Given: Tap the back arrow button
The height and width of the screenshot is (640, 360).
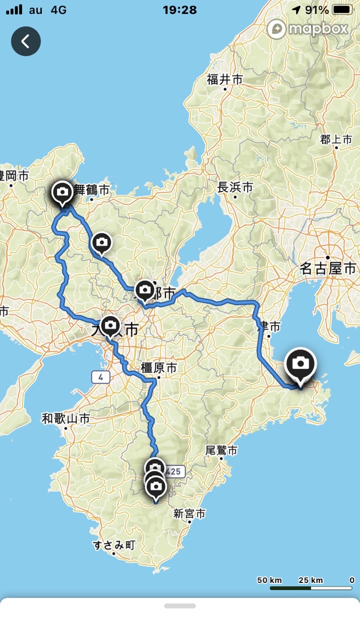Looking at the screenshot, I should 26,41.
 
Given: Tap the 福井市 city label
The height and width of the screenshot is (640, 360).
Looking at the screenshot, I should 224,79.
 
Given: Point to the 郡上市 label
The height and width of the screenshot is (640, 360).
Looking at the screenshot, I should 336,139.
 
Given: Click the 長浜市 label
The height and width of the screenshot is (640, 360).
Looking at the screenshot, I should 235,187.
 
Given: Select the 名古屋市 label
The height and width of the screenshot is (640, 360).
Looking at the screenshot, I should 328,268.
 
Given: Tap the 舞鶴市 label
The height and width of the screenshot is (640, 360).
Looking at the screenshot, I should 91,190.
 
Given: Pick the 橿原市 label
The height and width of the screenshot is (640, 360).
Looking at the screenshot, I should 158,368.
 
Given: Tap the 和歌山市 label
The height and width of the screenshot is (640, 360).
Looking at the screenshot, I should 65,418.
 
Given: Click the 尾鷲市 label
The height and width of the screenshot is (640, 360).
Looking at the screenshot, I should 221,450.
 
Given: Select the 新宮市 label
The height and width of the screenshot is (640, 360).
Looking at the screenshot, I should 189,513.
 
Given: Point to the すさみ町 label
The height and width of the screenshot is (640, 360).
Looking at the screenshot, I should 114,545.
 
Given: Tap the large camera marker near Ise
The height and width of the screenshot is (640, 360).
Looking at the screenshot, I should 300,363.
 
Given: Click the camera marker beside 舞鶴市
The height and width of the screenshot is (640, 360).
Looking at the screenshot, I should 62,192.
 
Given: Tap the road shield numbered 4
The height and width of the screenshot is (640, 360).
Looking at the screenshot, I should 100,377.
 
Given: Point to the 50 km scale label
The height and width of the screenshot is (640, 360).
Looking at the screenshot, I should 269,580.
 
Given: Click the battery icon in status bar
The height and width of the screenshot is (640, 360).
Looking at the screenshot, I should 342,9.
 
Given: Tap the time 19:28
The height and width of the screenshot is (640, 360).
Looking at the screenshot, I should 179,9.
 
